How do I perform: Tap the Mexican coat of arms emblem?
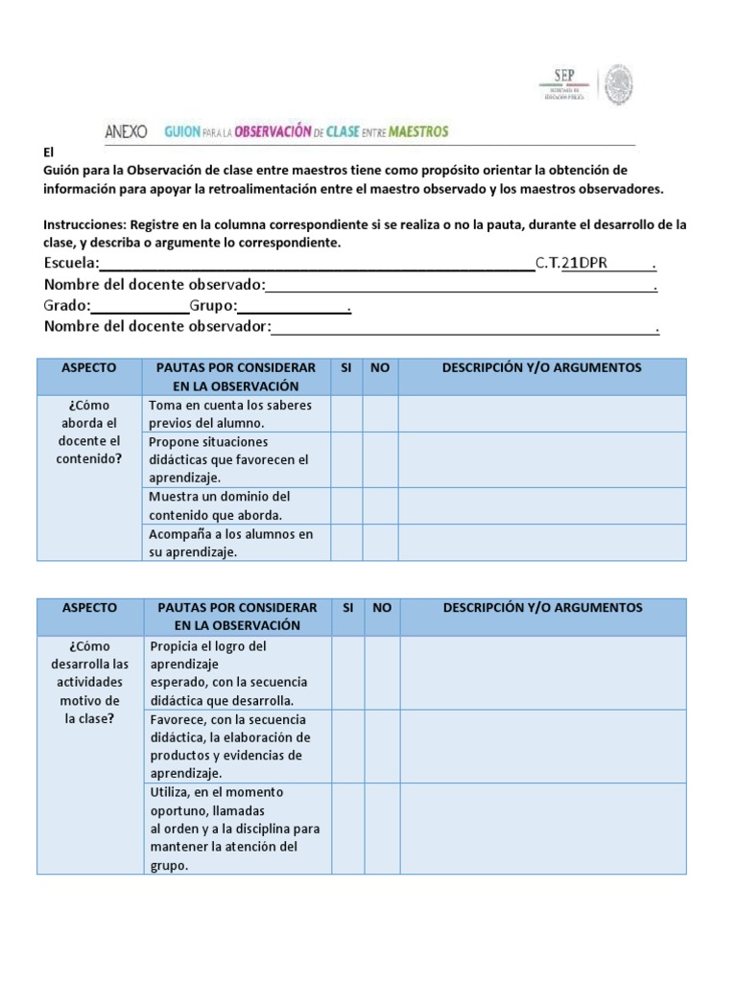click(618, 85)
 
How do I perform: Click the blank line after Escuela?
click(317, 264)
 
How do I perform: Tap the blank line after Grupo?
click(292, 307)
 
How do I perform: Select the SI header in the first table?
click(346, 368)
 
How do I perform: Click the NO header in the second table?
click(381, 608)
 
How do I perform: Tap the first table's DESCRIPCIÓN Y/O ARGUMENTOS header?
click(541, 368)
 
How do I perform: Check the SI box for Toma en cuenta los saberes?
click(346, 413)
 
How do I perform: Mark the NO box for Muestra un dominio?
click(381, 505)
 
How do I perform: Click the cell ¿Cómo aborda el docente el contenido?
click(89, 432)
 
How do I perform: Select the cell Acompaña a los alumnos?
click(235, 543)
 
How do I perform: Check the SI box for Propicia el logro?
click(346, 672)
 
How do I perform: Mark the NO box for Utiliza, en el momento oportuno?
click(381, 829)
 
